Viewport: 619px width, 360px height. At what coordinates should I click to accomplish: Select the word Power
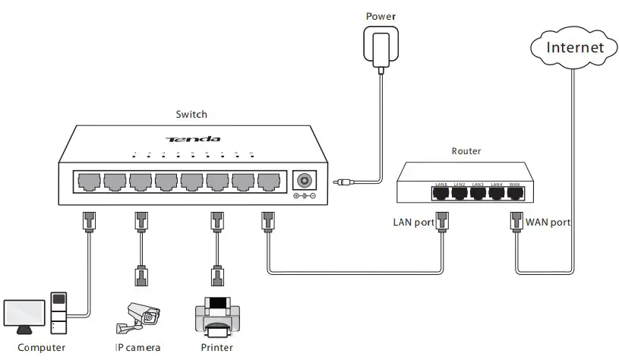pos(381,16)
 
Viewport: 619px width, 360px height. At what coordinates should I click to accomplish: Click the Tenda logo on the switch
pos(194,139)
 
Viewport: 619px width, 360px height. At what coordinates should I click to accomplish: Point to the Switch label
pos(191,115)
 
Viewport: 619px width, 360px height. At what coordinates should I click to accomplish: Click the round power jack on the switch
pos(305,181)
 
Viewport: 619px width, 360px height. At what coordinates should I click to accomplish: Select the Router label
pos(466,151)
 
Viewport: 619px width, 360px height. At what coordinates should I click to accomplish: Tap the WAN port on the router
pos(515,192)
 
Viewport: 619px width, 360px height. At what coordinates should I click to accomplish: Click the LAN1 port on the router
pos(441,192)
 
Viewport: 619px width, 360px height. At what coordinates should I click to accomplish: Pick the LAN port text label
pos(412,223)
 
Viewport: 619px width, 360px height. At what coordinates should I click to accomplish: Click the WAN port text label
pos(548,223)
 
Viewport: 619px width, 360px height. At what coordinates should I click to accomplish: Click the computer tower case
pos(59,314)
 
